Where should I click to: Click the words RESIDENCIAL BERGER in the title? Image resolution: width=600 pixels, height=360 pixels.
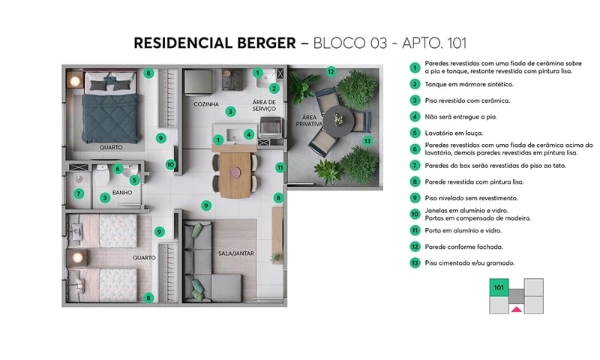tap(215, 43)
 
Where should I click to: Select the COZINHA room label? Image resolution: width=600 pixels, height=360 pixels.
tap(205, 104)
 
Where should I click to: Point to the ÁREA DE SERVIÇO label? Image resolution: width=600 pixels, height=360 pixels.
tap(263, 105)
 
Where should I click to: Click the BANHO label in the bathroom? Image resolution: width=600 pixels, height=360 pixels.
tap(121, 192)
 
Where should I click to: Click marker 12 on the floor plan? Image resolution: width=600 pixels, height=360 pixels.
tap(330, 71)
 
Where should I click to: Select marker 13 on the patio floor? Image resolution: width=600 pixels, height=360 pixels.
tap(367, 140)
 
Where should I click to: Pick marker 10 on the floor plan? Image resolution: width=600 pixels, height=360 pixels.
tap(170, 164)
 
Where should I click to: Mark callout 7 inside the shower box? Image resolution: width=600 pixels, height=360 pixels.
tap(79, 193)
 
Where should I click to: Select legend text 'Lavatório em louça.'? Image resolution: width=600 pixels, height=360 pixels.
tap(454, 133)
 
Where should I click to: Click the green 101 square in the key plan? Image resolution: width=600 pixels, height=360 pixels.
tap(498, 286)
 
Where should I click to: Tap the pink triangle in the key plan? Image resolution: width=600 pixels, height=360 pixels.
tap(515, 307)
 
